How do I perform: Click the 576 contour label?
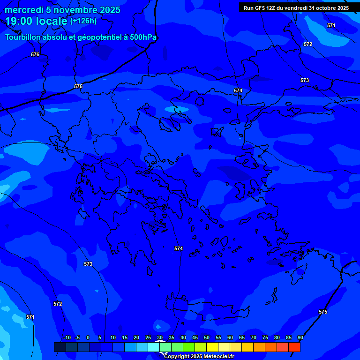(35, 54)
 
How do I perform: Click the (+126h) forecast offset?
(83, 21)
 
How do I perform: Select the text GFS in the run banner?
(260, 8)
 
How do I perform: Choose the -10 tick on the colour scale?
(67, 337)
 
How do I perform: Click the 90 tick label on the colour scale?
(300, 337)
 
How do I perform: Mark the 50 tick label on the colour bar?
(207, 337)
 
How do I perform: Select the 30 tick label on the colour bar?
(160, 337)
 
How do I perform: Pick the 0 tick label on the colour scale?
(88, 337)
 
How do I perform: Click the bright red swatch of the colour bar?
(294, 347)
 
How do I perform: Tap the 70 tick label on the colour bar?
(254, 337)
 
